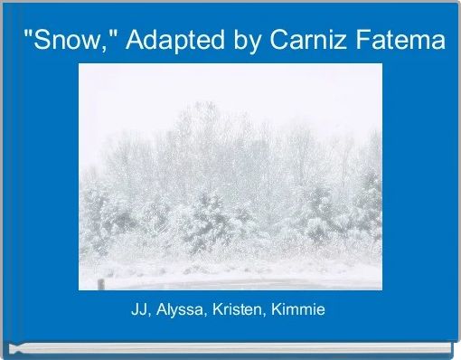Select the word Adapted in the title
pyautogui.click(x=165, y=41)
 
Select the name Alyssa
pyautogui.click(x=180, y=310)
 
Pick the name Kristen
pyautogui.click(x=238, y=310)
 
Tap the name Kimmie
pyautogui.click(x=299, y=310)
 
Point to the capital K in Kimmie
pyautogui.click(x=276, y=310)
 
